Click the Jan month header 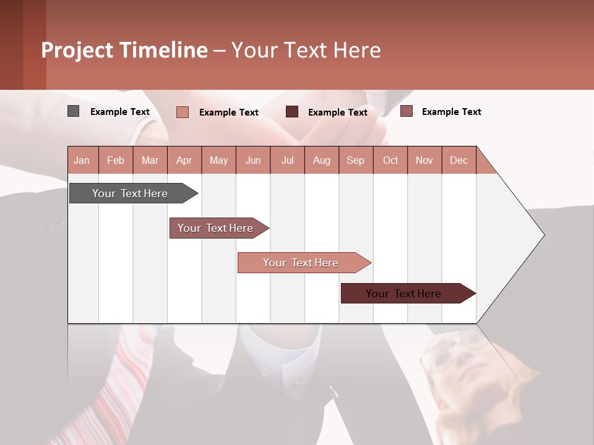coord(82,161)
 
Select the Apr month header coord(184,161)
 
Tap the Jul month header coord(288,161)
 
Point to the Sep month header coord(355,161)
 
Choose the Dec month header coord(458,161)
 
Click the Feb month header coord(116,161)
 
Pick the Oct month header coord(390,161)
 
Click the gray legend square coord(74,111)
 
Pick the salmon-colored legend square coord(183,112)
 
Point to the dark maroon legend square coord(292,112)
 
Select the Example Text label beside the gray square coord(120,112)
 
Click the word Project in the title coord(76,50)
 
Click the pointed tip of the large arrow coord(543,235)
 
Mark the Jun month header coord(253,161)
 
